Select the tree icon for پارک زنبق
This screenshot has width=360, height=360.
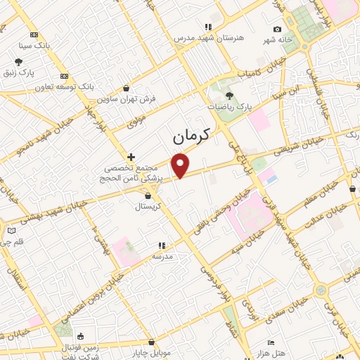click(x=18, y=62)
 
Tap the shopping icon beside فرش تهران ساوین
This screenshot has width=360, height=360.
click(x=126, y=89)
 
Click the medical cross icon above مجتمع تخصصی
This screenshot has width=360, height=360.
click(x=130, y=156)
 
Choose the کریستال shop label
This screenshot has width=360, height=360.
click(x=148, y=207)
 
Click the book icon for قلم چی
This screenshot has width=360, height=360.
click(x=11, y=231)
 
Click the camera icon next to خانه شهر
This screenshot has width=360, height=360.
click(x=278, y=29)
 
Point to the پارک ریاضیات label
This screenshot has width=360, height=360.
click(x=229, y=106)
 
